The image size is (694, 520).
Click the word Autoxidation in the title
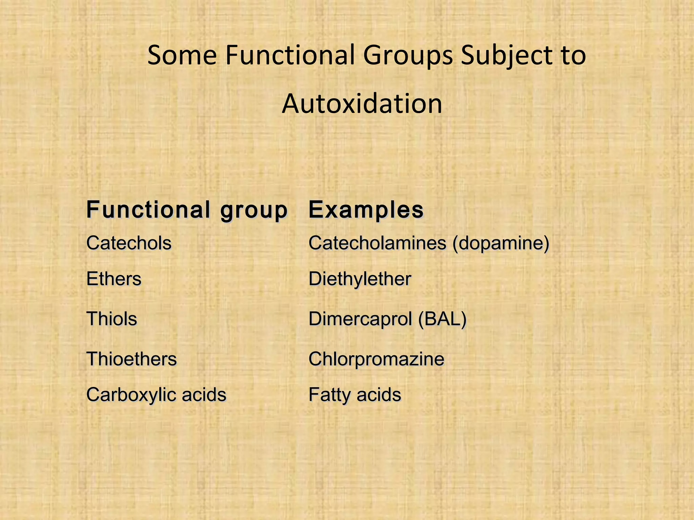(x=362, y=104)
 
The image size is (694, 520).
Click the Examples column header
(x=366, y=210)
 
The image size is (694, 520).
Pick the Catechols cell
(x=129, y=243)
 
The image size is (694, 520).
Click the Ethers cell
(x=114, y=279)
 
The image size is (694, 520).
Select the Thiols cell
(x=112, y=319)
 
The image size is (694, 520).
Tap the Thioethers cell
(x=131, y=359)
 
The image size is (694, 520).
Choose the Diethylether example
(x=360, y=279)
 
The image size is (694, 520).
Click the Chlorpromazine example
(x=376, y=359)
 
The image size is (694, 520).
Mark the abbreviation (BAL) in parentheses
(x=442, y=319)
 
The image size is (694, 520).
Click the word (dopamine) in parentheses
(x=501, y=243)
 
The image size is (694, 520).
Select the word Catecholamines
(x=377, y=243)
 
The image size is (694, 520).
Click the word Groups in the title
(x=408, y=55)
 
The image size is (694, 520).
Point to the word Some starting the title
(x=182, y=55)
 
